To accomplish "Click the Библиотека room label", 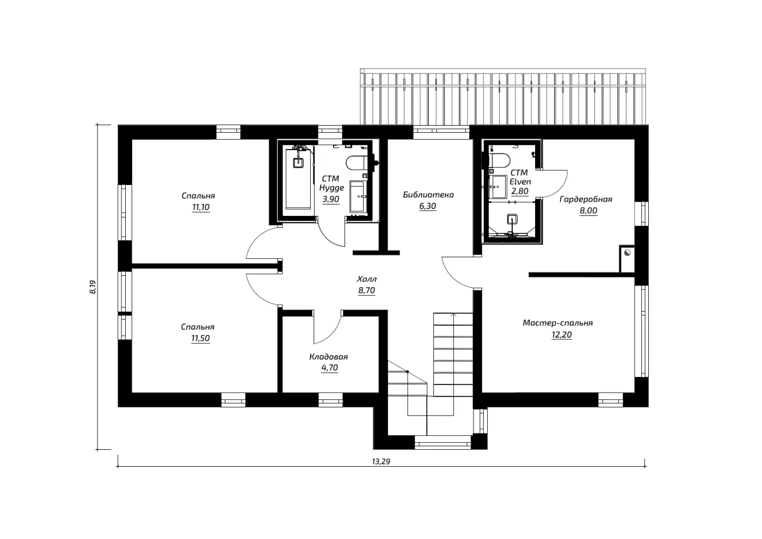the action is pyautogui.click(x=428, y=195).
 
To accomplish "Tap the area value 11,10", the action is pyautogui.click(x=201, y=207).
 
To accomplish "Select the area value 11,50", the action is pyautogui.click(x=200, y=338).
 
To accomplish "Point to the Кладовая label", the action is pyautogui.click(x=329, y=357).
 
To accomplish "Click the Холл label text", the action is pyautogui.click(x=367, y=279).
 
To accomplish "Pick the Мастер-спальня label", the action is pyautogui.click(x=557, y=323).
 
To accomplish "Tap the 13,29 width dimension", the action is pyautogui.click(x=381, y=462).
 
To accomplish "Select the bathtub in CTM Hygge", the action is pyautogui.click(x=298, y=179).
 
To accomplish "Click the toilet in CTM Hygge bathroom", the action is pyautogui.click(x=357, y=163).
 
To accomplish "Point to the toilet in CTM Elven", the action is pyautogui.click(x=499, y=160).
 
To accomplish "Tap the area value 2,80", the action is pyautogui.click(x=520, y=191).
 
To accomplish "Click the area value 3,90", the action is pyautogui.click(x=331, y=199).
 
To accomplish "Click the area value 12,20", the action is pyautogui.click(x=562, y=334).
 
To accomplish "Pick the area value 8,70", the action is pyautogui.click(x=367, y=290).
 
